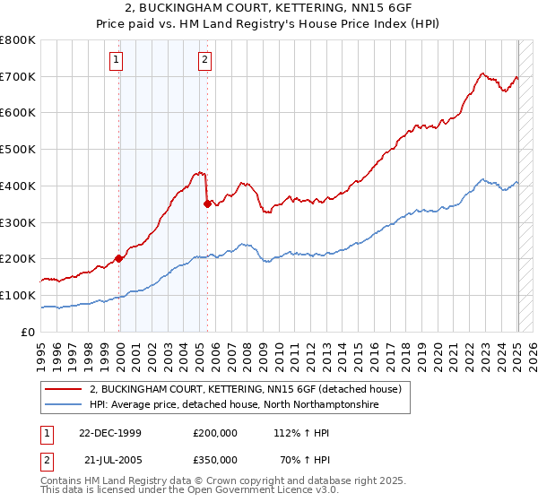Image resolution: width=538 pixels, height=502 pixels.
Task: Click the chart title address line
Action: point(268,8)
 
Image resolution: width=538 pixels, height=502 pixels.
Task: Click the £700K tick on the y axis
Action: point(18,76)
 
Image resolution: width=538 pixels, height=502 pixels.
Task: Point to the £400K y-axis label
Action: point(18,186)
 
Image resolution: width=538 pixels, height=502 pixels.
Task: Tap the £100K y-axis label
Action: point(18,295)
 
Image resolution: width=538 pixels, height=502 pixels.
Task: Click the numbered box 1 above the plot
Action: point(117,60)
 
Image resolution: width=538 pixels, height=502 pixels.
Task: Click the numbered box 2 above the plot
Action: point(205,60)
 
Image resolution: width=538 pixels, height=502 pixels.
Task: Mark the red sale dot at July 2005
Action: point(207,203)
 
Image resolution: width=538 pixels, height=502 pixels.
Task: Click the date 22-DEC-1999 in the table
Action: point(110,432)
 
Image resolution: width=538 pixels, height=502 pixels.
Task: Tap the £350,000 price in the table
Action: point(215,459)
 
